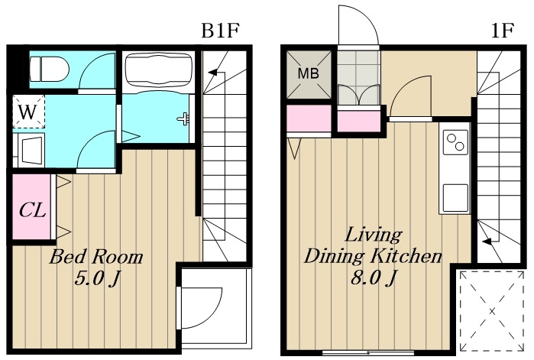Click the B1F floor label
(x=221, y=31)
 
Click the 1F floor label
(x=503, y=31)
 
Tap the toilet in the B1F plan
(x=50, y=69)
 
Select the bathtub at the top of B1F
(x=158, y=72)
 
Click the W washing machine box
(x=28, y=112)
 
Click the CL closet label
(x=32, y=210)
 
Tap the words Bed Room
(x=96, y=257)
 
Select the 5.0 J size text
(x=98, y=279)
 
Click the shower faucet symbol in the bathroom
(x=183, y=119)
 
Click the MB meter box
(x=309, y=74)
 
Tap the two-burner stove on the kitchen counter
(x=455, y=142)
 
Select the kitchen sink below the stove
(x=455, y=197)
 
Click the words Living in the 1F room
(x=374, y=235)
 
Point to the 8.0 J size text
(x=374, y=278)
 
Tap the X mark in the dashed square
(x=492, y=310)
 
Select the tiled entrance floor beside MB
(x=358, y=77)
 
